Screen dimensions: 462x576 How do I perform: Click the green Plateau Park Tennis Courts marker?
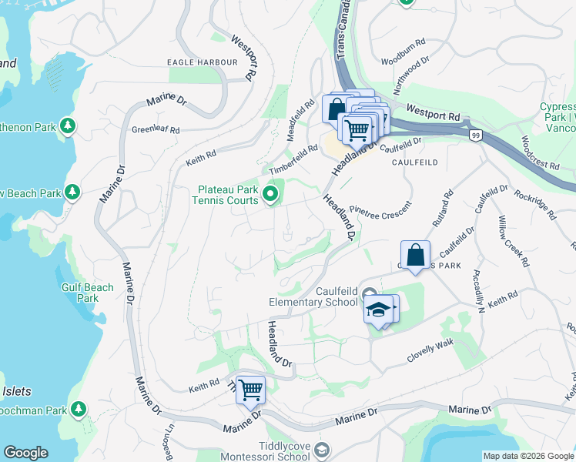(x=270, y=194)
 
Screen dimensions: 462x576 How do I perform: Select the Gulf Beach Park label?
(x=88, y=293)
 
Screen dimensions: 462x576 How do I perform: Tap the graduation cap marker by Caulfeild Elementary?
(x=378, y=310)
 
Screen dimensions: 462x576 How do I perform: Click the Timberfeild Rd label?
(x=293, y=159)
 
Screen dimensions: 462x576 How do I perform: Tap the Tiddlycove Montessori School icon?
(x=323, y=450)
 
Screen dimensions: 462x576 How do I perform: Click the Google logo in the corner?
(x=25, y=453)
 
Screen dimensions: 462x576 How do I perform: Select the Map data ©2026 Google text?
(x=528, y=456)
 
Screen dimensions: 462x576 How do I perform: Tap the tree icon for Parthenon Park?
(x=69, y=126)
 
